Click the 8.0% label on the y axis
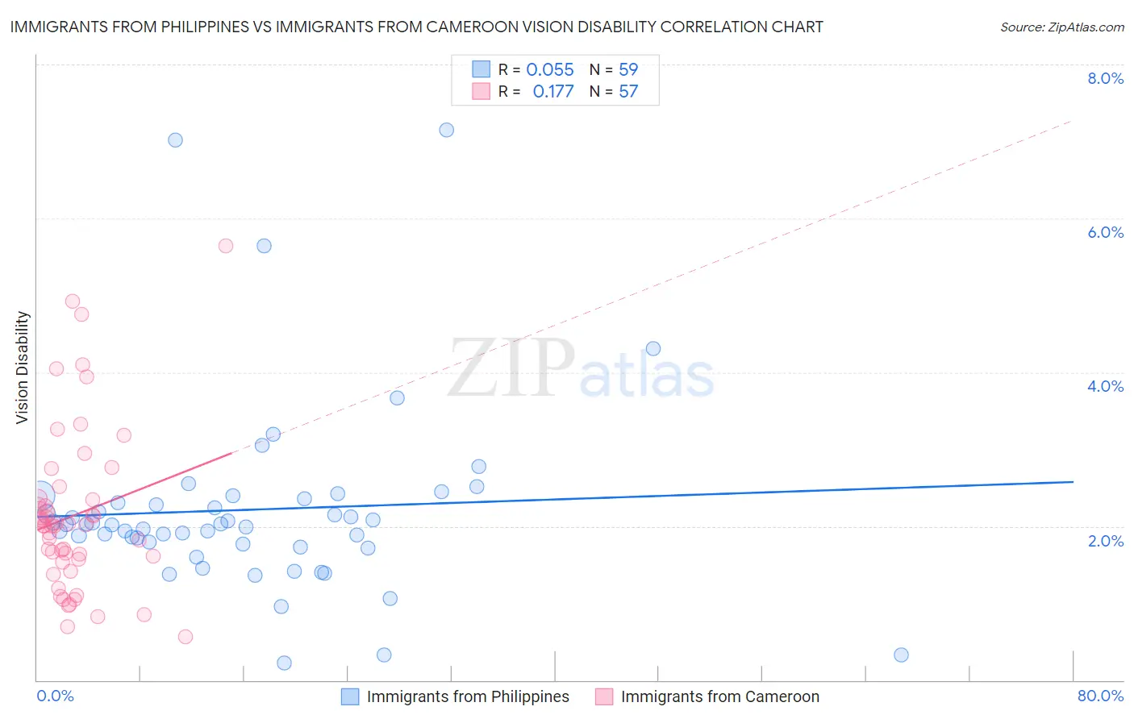click(x=1105, y=78)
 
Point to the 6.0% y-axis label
click(x=1105, y=232)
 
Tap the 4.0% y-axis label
click(x=1105, y=386)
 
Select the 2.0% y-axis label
click(x=1105, y=541)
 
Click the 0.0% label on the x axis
click(x=55, y=696)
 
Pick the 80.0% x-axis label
click(x=1100, y=696)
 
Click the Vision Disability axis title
click(x=23, y=368)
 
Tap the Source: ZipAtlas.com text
click(x=1061, y=27)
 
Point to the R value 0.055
click(x=550, y=70)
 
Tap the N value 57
click(x=628, y=92)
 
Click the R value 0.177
click(x=553, y=92)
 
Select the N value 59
click(x=628, y=70)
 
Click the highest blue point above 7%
click(x=446, y=130)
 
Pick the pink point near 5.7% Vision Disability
click(x=226, y=246)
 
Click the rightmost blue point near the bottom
click(x=901, y=655)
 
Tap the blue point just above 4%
click(x=653, y=348)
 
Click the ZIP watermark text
click(x=511, y=368)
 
